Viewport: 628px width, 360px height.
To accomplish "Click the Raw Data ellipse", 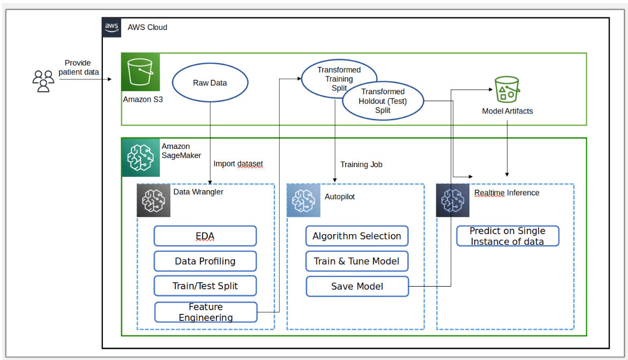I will coord(210,83).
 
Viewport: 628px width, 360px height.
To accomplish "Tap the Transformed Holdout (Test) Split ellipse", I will coord(383,101).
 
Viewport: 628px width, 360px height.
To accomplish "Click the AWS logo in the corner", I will coord(112,27).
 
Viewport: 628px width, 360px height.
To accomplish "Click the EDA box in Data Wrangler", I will coord(205,236).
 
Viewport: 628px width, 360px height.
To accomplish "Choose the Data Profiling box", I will coord(205,261).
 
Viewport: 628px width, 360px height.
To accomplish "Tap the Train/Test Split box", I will coord(205,286).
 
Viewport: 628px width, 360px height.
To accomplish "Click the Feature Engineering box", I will coord(206,312).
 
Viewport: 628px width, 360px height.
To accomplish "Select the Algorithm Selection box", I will coord(357,236).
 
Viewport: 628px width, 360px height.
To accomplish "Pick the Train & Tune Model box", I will coord(357,261).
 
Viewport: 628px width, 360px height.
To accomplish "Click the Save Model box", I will coord(357,286).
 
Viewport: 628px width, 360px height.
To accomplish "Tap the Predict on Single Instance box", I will coord(507,236).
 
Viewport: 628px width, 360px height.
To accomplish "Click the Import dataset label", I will coord(238,164).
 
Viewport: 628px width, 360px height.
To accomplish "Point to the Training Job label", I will coord(361,164).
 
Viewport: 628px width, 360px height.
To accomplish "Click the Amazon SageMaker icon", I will coord(140,157).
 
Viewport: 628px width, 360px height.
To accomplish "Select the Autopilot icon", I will coord(303,200).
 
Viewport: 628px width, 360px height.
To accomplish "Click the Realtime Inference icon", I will coord(452,200).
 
